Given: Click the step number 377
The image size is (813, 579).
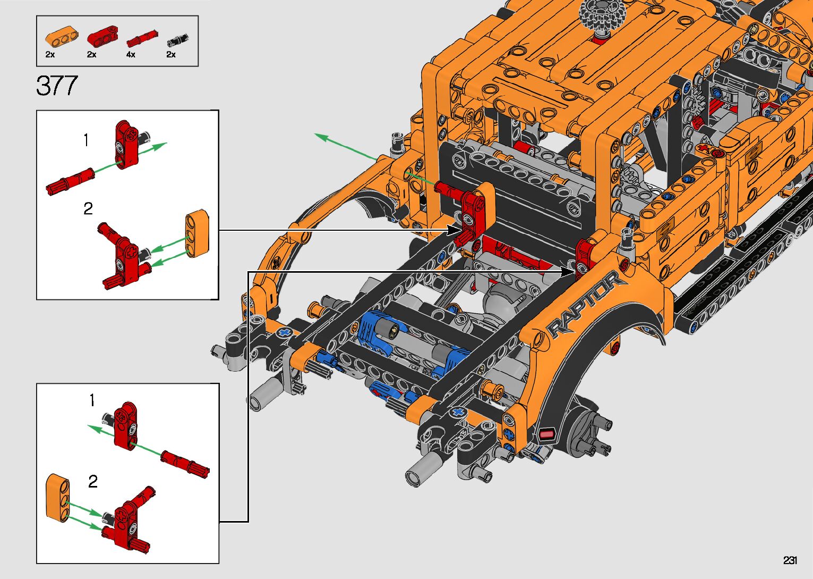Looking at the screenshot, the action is coord(57,86).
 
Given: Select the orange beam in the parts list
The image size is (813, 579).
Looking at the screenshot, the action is coord(62,38).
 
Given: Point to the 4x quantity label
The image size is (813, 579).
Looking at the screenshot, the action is coord(131,55).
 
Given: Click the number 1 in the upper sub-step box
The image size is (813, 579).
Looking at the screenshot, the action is coord(86,140).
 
